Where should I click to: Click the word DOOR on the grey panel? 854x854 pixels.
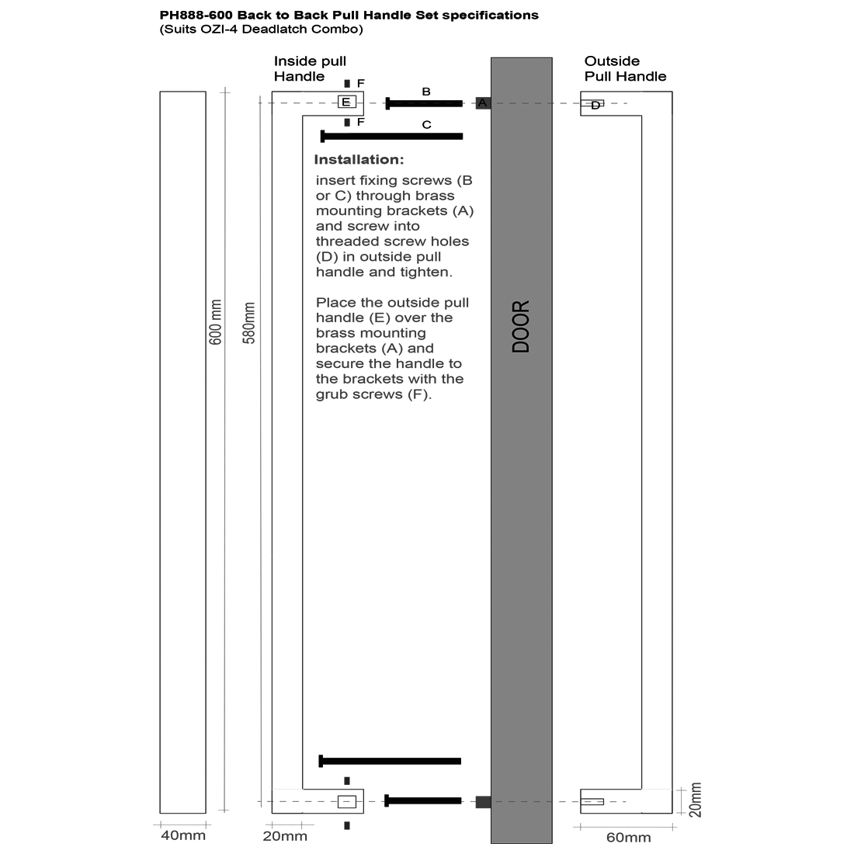coord(521,327)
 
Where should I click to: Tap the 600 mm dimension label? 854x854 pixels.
coord(216,322)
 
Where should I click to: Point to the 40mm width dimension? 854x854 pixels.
coord(182,835)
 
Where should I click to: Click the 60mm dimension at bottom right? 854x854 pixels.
coord(628,837)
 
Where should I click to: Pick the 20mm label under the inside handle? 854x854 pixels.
coord(284,836)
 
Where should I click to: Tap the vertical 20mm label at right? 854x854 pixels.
coord(695,800)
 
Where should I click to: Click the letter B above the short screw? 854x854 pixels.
coord(425,92)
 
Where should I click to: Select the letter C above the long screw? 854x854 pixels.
coord(426,124)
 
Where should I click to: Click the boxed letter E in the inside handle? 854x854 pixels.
coord(346,102)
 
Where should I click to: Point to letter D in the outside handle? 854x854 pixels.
coord(595,105)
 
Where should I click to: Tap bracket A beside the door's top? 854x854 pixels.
coord(482,102)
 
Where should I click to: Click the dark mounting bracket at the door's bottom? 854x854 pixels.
coord(483,801)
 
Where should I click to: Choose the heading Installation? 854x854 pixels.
coord(359,160)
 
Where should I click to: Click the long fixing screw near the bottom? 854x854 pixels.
coord(390,761)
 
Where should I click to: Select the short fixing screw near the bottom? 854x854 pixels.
coord(423,800)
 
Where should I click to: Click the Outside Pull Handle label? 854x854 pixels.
coord(625,68)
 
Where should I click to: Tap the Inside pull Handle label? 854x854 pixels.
coord(310,68)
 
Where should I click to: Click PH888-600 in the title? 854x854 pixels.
coord(196,15)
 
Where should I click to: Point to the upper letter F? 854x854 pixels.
coord(361,83)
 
